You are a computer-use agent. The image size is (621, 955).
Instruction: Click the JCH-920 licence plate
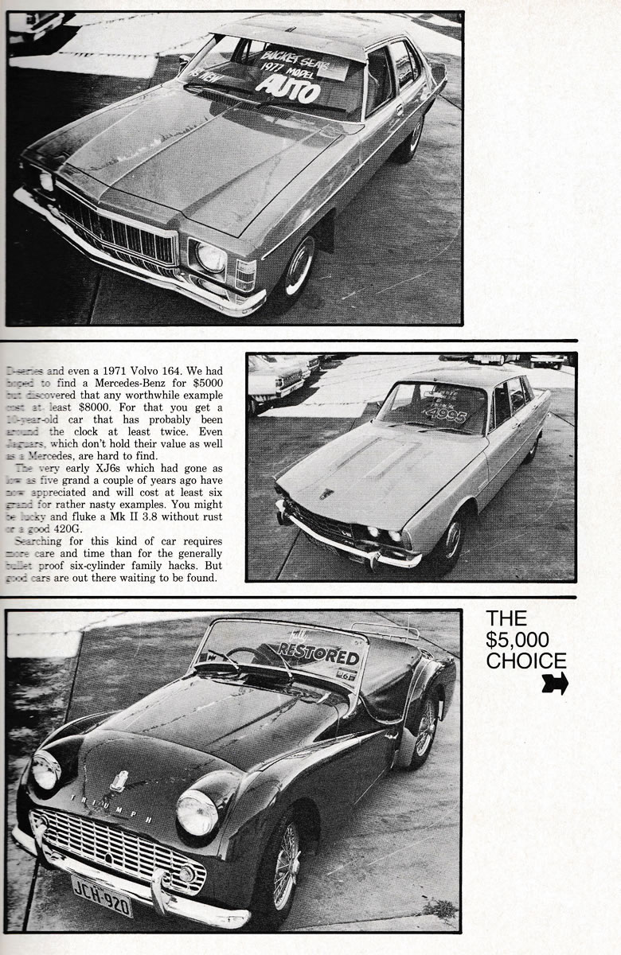(102, 885)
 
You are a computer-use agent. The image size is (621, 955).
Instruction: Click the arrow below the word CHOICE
(555, 683)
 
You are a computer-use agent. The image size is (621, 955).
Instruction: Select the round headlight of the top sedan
(210, 255)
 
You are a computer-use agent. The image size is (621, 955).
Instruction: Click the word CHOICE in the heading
(526, 661)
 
